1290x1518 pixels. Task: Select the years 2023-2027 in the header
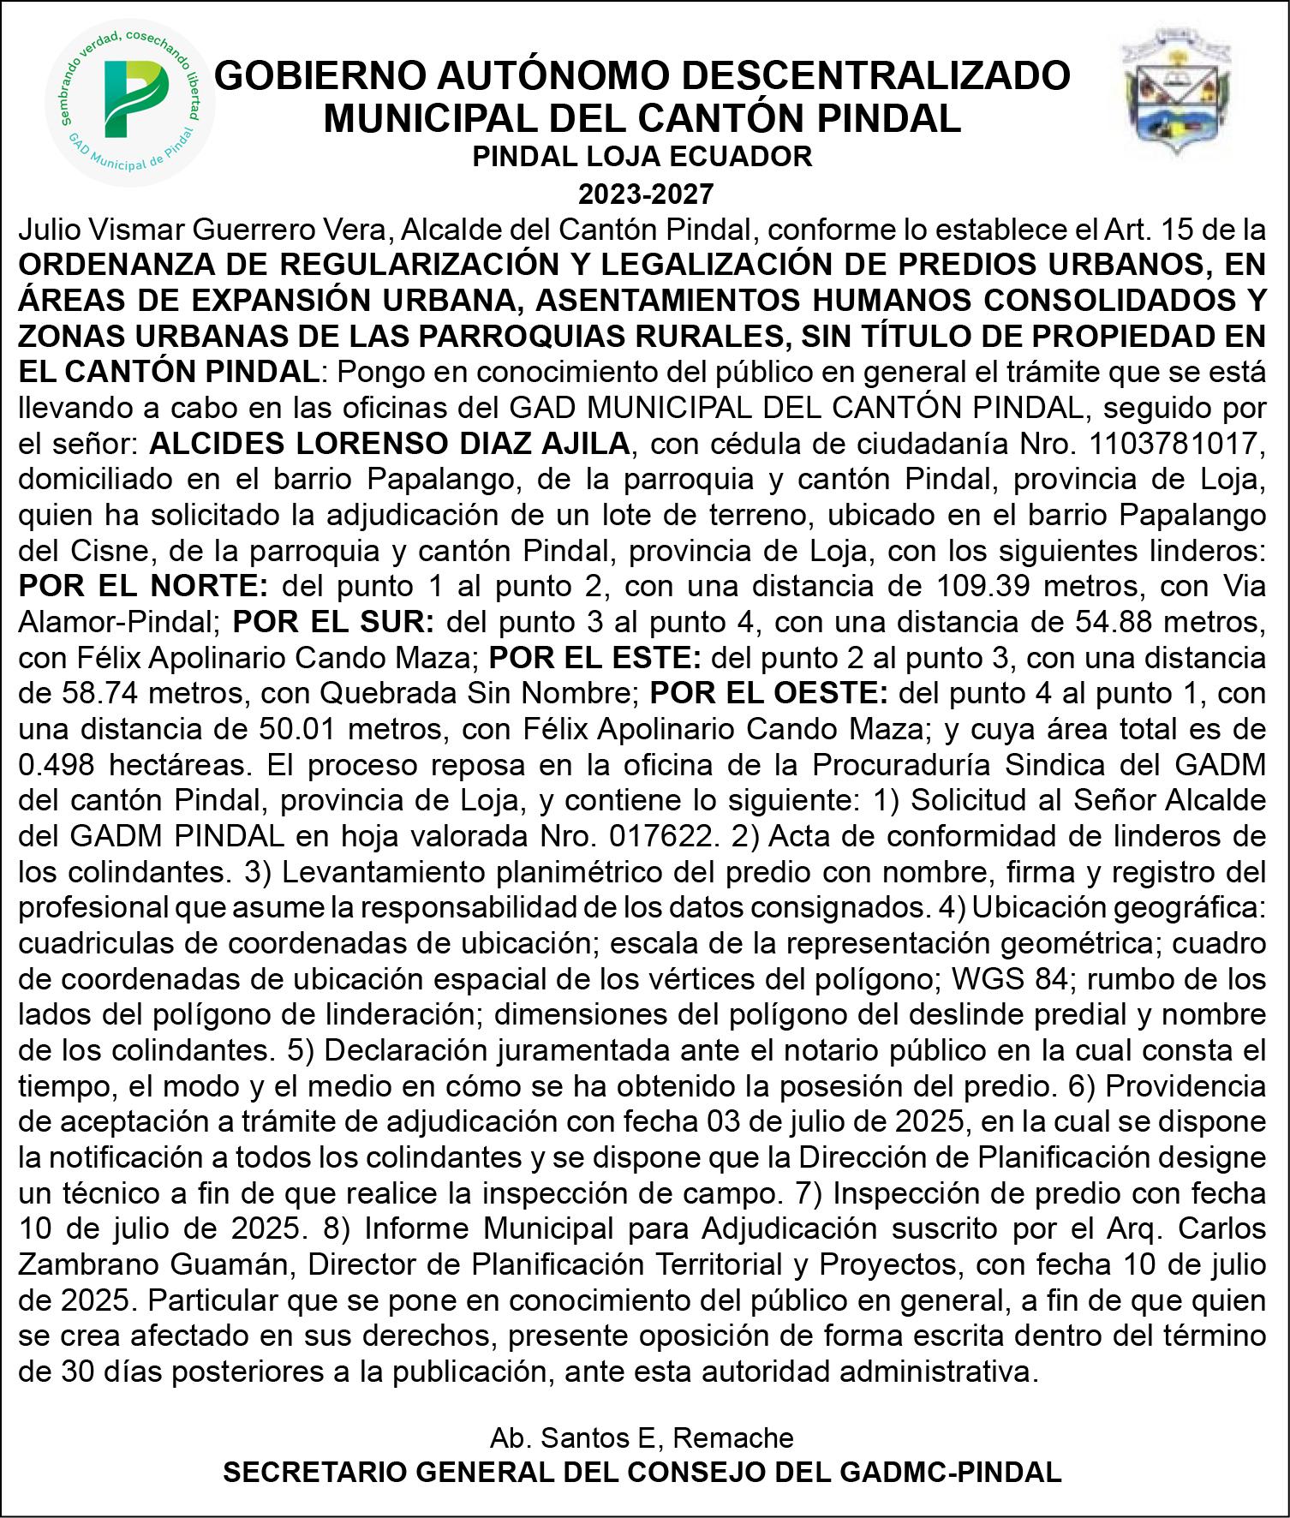pyautogui.click(x=644, y=194)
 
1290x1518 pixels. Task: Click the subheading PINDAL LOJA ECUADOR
pyautogui.click(x=643, y=156)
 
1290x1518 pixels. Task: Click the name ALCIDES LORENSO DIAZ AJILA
pyautogui.click(x=390, y=444)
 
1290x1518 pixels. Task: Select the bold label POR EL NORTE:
pyautogui.click(x=144, y=587)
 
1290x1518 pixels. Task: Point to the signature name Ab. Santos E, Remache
pyautogui.click(x=642, y=1437)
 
